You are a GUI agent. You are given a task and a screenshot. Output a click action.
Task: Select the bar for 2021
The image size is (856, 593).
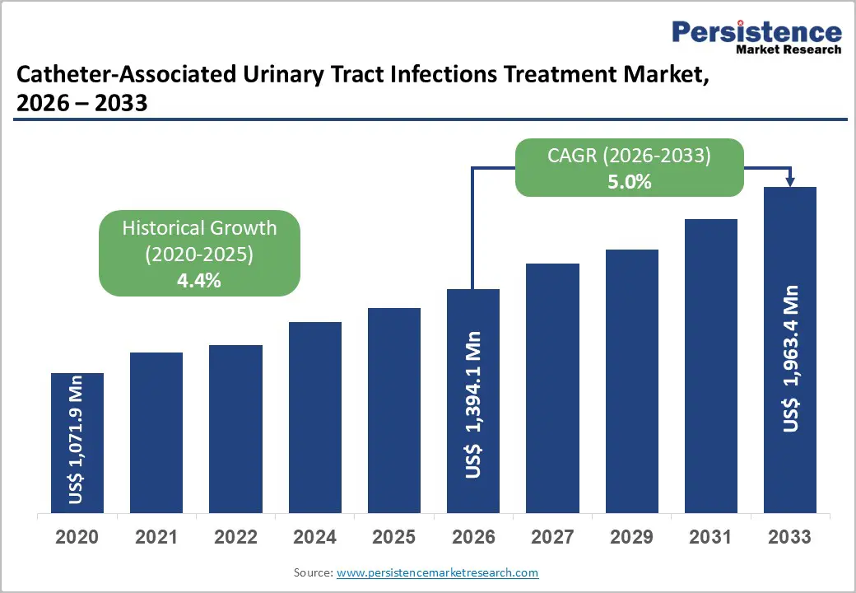[156, 432]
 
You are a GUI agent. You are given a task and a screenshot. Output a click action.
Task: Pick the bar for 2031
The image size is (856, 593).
[710, 366]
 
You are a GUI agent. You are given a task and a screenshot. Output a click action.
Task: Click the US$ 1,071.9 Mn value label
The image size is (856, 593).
[77, 441]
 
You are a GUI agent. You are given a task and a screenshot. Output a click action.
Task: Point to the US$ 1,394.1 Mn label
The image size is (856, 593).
[473, 404]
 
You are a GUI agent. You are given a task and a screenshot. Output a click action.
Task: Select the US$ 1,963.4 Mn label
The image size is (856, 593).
[790, 358]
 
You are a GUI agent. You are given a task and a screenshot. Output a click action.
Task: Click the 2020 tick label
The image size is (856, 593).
[77, 537]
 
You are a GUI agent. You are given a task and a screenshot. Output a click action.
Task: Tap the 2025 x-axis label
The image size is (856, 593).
[393, 537]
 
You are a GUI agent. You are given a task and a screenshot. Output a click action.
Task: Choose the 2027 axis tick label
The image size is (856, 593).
[552, 537]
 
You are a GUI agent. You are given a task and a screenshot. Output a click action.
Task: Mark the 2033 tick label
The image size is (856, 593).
[789, 537]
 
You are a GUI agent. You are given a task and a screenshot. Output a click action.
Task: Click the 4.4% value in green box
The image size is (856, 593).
[199, 280]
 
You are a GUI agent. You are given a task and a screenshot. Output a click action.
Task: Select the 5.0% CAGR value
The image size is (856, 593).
[630, 182]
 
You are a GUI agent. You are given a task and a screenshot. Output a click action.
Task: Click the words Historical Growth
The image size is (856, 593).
[199, 228]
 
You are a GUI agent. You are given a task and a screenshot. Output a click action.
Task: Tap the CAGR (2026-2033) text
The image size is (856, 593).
[630, 156]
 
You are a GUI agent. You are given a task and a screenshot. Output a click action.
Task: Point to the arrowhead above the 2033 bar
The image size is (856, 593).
[790, 182]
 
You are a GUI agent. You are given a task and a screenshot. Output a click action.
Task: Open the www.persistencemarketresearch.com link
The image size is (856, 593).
[437, 572]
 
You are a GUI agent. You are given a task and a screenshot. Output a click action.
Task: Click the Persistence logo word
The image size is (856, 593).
[756, 32]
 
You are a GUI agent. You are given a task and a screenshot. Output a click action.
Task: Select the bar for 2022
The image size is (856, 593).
[235, 428]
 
